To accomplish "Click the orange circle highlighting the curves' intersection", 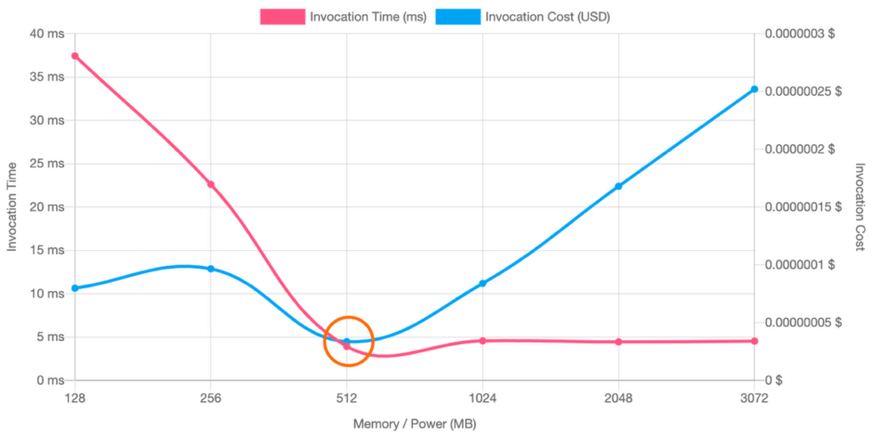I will pos(347,341).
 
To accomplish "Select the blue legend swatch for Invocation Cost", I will pos(459,17).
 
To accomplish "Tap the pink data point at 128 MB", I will pos(76,56).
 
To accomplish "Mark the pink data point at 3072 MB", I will pos(755,341).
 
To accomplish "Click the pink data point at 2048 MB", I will pos(618,342).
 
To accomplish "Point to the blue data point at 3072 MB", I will pos(755,89).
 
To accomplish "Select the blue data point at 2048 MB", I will pos(618,185).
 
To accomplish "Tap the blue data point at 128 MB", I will pos(76,287).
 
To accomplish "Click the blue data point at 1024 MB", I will pos(482,284).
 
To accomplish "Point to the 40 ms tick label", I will pos(46,34).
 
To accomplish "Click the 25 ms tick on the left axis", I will pos(46,164).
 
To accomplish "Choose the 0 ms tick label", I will pos(46,380).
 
